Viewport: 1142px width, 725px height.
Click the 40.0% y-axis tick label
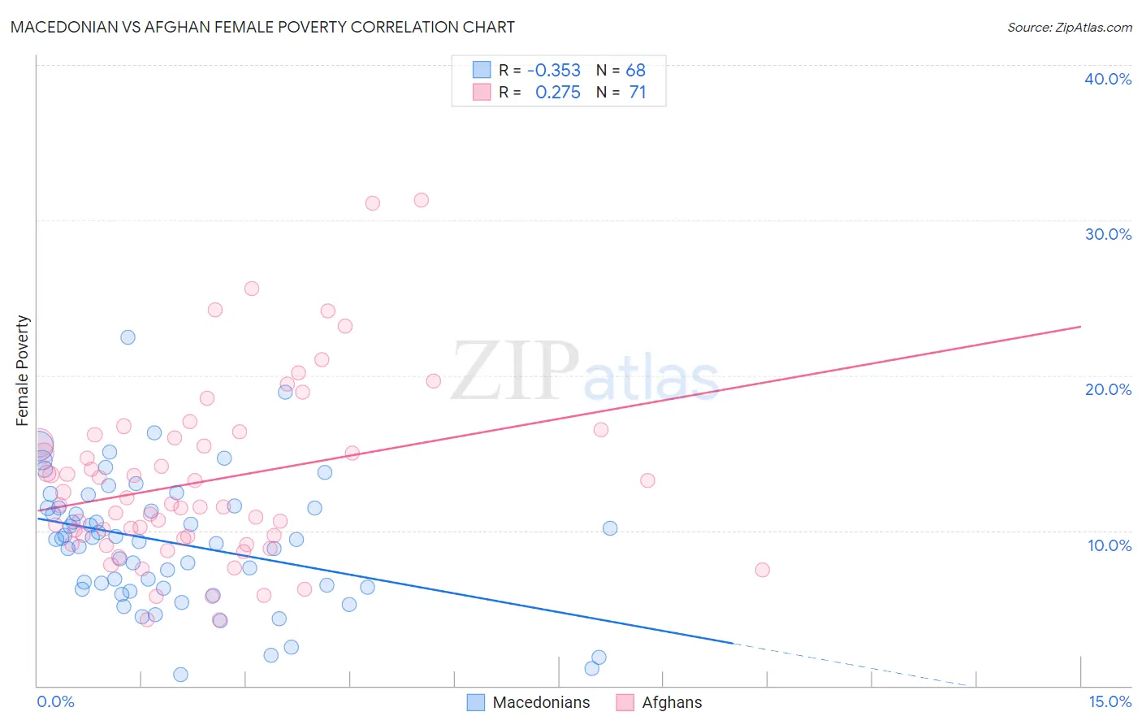tap(1108, 79)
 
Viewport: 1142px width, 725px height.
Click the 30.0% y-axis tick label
tap(1108, 234)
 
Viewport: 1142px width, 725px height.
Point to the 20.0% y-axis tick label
tap(1108, 389)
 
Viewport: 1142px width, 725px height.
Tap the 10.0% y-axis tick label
tap(1108, 545)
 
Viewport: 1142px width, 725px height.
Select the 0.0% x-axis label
tap(55, 702)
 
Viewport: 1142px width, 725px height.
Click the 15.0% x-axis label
tap(1110, 702)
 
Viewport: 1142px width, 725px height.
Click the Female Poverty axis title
tap(23, 371)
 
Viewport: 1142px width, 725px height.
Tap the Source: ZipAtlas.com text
tap(1069, 28)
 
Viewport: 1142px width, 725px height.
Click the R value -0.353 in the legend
tap(554, 71)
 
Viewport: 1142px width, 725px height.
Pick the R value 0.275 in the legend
tap(558, 93)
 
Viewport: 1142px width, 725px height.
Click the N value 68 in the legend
tap(635, 71)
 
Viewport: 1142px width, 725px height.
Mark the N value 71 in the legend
tap(638, 93)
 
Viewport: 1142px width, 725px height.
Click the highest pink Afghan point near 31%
tap(421, 200)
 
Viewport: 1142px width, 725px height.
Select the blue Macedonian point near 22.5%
tap(128, 337)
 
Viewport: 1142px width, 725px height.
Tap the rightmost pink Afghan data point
tap(762, 570)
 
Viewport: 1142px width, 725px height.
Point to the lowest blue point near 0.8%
tap(180, 675)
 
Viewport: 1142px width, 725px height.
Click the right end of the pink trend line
tap(1080, 326)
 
